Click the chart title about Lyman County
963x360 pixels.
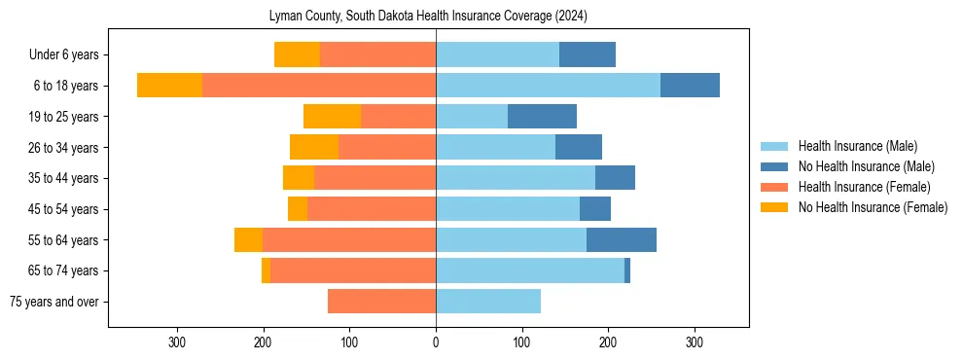click(x=428, y=17)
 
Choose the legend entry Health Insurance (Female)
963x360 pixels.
click(x=864, y=187)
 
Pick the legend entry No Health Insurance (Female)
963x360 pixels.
click(x=872, y=207)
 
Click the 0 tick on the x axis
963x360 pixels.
click(x=436, y=342)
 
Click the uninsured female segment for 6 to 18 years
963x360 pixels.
click(x=169, y=86)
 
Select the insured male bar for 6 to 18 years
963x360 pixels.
click(x=548, y=86)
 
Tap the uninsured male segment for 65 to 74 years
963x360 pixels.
click(x=627, y=270)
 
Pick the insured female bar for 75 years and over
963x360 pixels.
click(x=381, y=302)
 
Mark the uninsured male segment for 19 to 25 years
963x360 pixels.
click(x=542, y=117)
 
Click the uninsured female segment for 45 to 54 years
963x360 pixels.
click(x=298, y=209)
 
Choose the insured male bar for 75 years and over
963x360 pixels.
click(x=488, y=302)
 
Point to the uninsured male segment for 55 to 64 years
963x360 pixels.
click(x=622, y=240)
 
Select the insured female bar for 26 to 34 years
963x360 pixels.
click(x=387, y=148)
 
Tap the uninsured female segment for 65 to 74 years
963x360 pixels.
click(x=266, y=270)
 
